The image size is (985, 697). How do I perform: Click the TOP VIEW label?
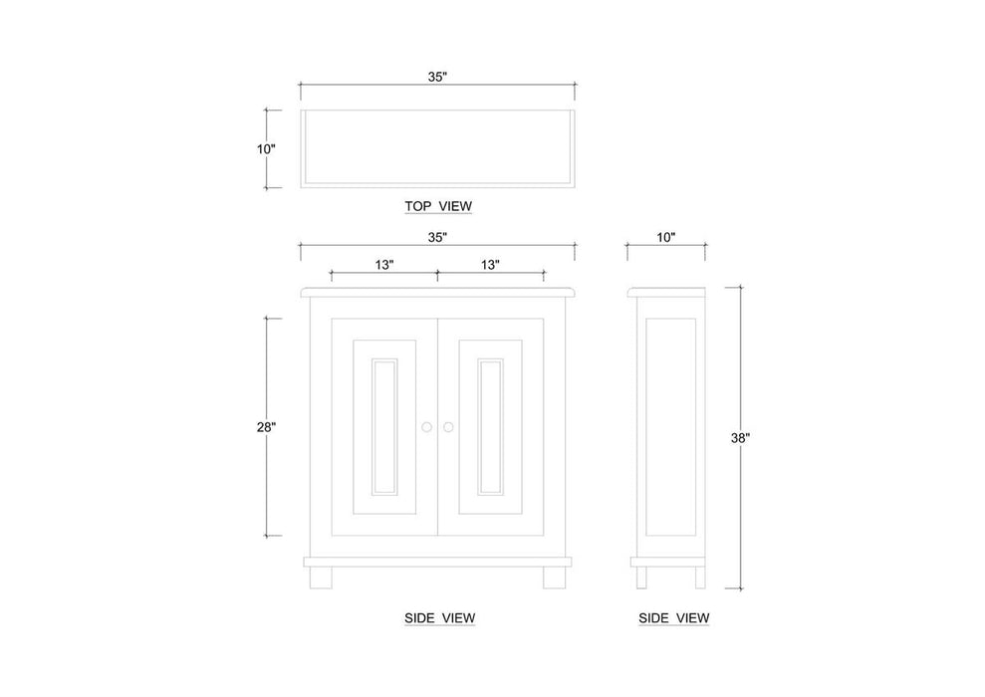click(438, 206)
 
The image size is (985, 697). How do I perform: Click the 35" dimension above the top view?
click(437, 77)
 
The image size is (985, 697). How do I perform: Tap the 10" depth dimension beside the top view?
click(266, 149)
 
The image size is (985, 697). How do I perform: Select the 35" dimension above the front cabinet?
click(437, 237)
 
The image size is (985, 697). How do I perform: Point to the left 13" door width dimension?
click(384, 265)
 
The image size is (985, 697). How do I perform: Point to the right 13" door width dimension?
click(491, 265)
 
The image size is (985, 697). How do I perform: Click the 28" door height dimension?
click(266, 427)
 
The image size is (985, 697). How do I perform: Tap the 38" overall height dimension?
click(740, 438)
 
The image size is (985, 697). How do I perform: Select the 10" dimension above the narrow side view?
click(666, 237)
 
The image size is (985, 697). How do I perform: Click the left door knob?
click(427, 427)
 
